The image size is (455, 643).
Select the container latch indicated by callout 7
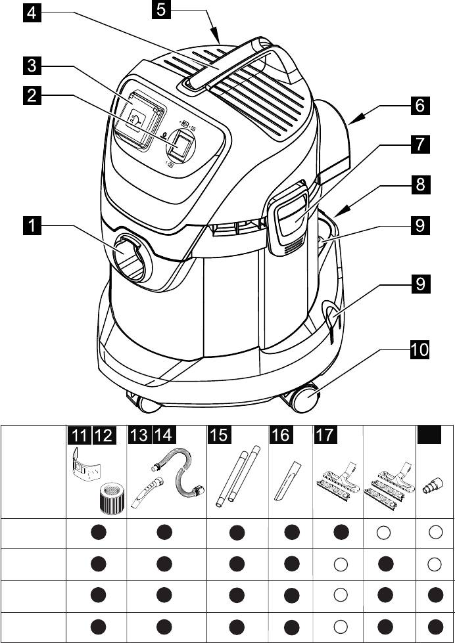click(290, 217)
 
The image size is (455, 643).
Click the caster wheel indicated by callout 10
click(305, 399)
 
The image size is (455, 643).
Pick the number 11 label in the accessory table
click(78, 435)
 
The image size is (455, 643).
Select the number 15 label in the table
click(218, 435)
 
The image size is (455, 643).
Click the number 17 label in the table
click(325, 435)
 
